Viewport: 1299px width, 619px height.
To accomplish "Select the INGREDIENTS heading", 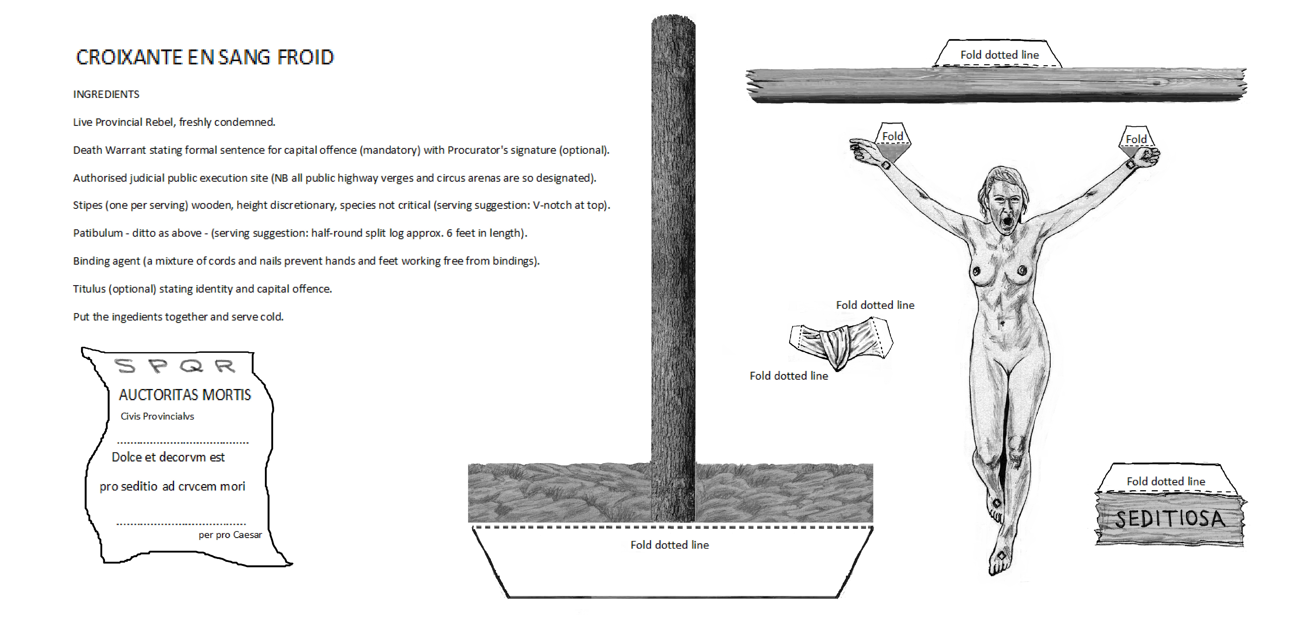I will pos(106,94).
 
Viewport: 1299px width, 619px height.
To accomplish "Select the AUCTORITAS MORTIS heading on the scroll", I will pos(185,395).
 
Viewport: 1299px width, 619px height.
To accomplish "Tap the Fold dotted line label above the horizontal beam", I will pos(1000,55).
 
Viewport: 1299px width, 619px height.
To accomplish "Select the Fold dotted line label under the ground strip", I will pos(670,545).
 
